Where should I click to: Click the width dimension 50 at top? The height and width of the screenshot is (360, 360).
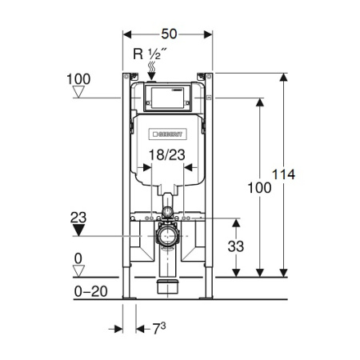[169, 34]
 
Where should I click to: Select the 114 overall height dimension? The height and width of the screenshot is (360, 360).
[283, 174]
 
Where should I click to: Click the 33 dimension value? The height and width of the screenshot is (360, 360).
[236, 246]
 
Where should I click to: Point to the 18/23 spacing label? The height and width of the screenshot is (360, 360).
[167, 155]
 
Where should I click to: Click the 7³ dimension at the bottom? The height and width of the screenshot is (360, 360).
[159, 329]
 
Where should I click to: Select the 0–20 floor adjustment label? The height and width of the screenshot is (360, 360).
[91, 291]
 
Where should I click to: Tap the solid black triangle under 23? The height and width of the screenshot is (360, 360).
[78, 230]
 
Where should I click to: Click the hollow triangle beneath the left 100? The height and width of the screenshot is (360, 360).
[78, 92]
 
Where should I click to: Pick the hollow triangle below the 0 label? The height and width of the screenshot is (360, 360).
[78, 271]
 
